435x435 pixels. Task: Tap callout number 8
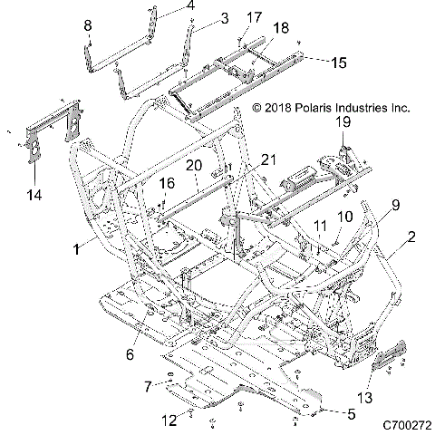[x=89, y=24]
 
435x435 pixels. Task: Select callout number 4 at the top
[x=190, y=6]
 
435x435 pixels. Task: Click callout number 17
[x=254, y=16]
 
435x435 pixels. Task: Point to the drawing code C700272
[x=407, y=424]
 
